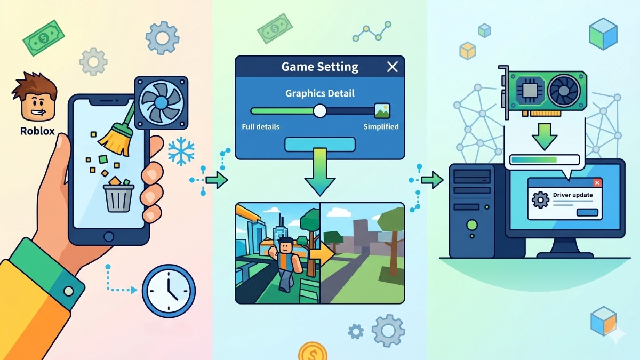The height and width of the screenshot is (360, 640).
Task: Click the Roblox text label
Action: pos(37,131)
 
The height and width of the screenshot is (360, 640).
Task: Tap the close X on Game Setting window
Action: pos(393,67)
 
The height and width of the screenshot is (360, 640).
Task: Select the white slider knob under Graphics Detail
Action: pos(319,111)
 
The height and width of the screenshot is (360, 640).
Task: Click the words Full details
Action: pos(260,126)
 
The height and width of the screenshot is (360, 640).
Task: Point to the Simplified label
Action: pos(381,126)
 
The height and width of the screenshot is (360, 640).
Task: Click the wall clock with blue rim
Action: pos(169,291)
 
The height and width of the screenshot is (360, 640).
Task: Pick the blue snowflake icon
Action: pos(181,151)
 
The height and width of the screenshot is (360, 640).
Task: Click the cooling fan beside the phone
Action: pos(161,102)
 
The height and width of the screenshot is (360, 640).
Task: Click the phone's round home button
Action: pos(109,237)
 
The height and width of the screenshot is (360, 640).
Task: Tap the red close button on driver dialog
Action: pos(597,182)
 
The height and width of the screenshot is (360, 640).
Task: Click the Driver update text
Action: pos(573,195)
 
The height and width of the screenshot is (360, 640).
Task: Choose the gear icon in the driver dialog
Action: pos(540,199)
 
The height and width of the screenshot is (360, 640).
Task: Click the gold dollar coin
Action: pos(313,351)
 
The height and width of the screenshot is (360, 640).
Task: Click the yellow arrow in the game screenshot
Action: pos(322,253)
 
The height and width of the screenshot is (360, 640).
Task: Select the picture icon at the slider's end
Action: pos(382,111)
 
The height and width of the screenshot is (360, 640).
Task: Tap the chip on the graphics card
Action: pos(529,90)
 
